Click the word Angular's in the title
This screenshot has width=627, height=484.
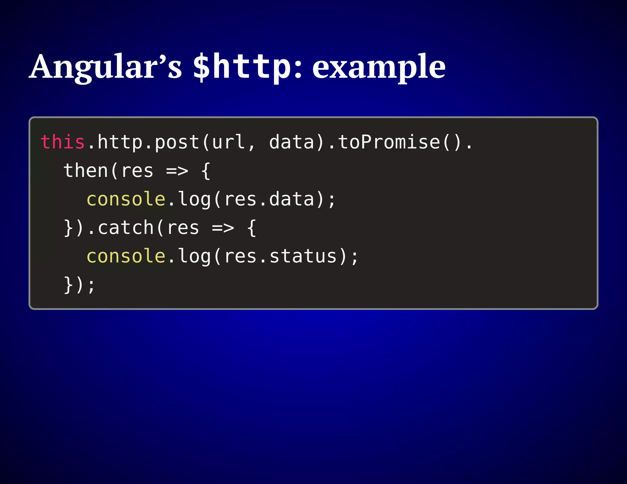106,67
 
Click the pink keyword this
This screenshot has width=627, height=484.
62,142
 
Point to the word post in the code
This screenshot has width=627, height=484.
177,143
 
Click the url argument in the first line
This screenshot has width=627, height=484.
228,142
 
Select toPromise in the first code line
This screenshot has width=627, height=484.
389,142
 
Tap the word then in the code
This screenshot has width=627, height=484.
86,170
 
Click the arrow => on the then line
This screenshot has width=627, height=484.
177,171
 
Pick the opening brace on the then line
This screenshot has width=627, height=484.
206,171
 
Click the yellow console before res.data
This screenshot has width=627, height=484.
126,199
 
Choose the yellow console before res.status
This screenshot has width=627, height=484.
126,256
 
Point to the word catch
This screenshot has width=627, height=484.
126,228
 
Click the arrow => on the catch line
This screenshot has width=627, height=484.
223,228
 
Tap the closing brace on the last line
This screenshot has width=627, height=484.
68,285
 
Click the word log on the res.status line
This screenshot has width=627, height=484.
194,257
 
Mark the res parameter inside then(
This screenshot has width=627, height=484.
137,171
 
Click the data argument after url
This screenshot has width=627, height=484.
292,142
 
